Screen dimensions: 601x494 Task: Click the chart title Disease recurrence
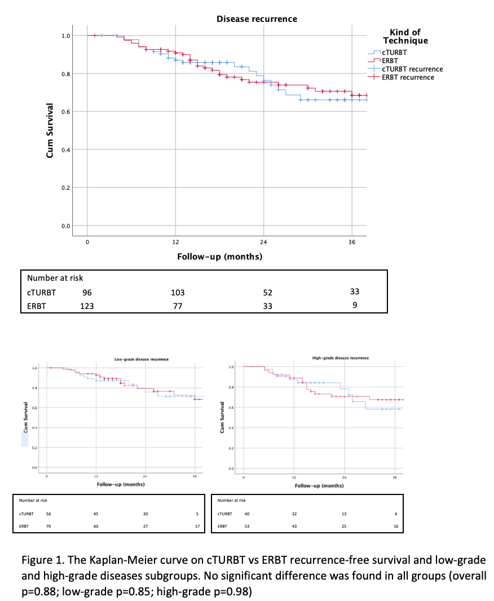tap(257, 19)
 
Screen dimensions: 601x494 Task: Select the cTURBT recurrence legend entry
tap(412, 69)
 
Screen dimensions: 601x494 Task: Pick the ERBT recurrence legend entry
tap(408, 77)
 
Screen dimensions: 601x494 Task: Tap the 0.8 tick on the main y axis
tap(66, 74)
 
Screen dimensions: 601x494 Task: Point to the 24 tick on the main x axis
tap(263, 242)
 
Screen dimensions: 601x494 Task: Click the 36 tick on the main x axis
tap(352, 242)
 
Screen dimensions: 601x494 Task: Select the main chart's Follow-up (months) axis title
tap(219, 257)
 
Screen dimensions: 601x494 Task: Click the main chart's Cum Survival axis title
tap(50, 130)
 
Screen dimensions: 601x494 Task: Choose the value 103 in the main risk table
tap(178, 293)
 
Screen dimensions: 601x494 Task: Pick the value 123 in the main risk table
tap(86, 306)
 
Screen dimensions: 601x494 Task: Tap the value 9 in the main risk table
tap(354, 306)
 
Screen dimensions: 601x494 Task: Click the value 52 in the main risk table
tap(267, 293)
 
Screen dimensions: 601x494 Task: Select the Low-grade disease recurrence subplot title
tap(142, 359)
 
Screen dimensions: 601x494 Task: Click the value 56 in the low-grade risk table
tap(48, 514)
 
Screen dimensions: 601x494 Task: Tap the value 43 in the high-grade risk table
tap(294, 527)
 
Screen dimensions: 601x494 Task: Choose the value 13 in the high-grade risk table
tap(344, 514)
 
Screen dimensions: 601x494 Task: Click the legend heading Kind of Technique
tap(405, 37)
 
